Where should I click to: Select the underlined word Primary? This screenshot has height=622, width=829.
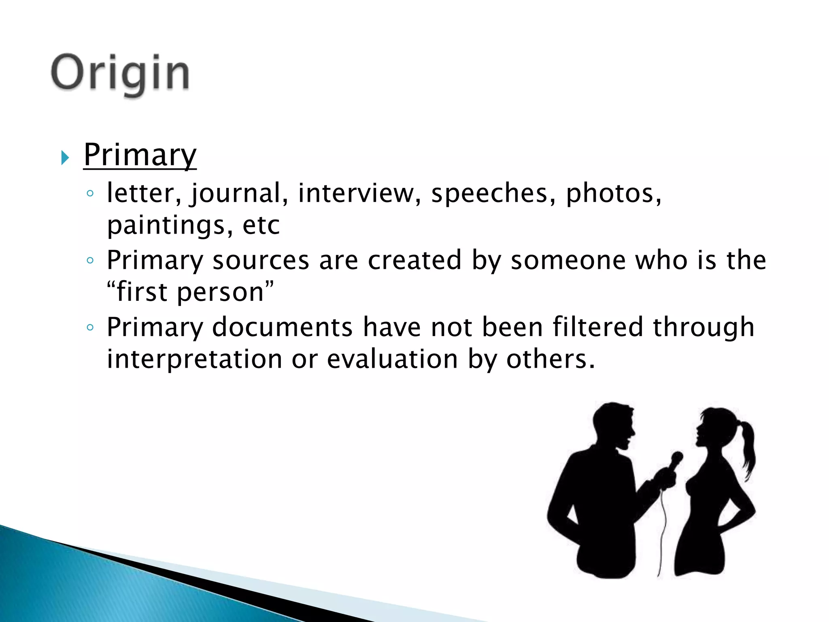pyautogui.click(x=140, y=155)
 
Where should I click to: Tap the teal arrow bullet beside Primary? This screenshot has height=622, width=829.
pyautogui.click(x=65, y=158)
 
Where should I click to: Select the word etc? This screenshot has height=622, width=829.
pyautogui.click(x=261, y=226)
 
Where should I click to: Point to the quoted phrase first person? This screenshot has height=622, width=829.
pyautogui.click(x=190, y=292)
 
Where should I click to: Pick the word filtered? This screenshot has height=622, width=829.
pyautogui.click(x=598, y=327)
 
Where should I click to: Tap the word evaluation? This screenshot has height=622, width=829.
pyautogui.click(x=392, y=359)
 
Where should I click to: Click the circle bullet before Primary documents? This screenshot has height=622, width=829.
pyautogui.click(x=90, y=327)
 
